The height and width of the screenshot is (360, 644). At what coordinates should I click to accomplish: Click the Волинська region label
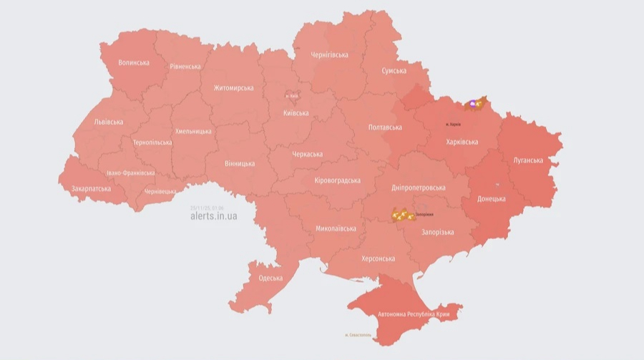pos(133,62)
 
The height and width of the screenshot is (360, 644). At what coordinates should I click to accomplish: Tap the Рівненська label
pos(185,67)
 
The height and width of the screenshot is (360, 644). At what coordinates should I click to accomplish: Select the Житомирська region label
pos(233,88)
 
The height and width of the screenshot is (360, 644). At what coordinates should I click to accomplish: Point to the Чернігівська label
pos(329,54)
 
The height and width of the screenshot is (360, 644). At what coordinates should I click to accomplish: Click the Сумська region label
pos(394,71)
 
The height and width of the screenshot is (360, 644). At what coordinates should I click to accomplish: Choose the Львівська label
pos(109,122)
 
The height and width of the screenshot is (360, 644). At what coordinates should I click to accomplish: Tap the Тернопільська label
pos(152,142)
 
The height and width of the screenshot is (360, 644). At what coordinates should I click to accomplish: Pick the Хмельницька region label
pos(193,131)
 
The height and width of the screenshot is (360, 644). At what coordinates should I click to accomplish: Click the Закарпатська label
pos(91,189)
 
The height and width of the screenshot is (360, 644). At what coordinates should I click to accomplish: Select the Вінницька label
pos(239,164)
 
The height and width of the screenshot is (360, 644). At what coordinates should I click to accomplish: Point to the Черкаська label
pos(308,154)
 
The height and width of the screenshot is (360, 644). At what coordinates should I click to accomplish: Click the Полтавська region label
pos(385,127)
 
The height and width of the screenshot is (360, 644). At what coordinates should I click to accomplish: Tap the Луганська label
pos(528,160)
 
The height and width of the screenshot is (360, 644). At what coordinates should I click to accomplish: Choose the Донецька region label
pos(491,199)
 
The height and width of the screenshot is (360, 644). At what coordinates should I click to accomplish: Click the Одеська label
pos(270,278)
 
